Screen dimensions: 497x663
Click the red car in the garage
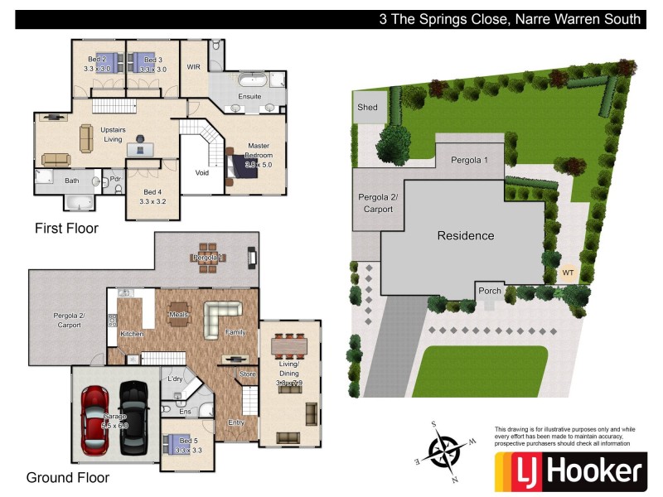coord(99,421)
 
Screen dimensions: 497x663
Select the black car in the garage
coord(133,418)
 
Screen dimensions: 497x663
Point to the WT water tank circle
coord(568,272)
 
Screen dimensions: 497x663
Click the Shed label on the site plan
coord(367,108)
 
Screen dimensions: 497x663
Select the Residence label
coord(465,236)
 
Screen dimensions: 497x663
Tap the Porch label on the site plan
coord(490,291)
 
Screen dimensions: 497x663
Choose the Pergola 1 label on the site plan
coord(469,159)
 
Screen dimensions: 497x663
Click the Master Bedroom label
coord(258,151)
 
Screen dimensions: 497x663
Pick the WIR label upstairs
coord(194,66)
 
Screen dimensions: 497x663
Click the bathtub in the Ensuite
coord(249,81)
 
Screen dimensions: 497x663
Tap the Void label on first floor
coord(201,173)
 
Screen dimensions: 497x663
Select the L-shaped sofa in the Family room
coord(222,313)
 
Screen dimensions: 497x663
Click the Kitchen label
coord(132,334)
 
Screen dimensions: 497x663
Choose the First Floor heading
coord(66,228)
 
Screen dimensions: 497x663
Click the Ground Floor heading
coord(68,478)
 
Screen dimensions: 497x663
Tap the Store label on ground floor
coord(248,374)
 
